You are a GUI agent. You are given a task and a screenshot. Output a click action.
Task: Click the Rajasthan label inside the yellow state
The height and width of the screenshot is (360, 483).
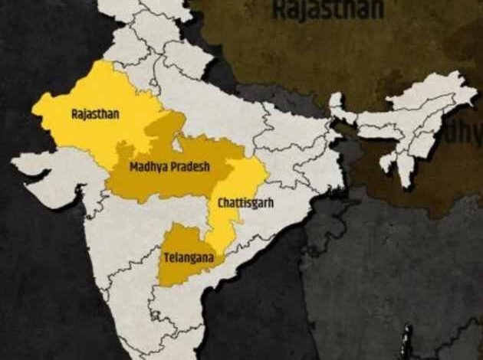click(90, 113)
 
